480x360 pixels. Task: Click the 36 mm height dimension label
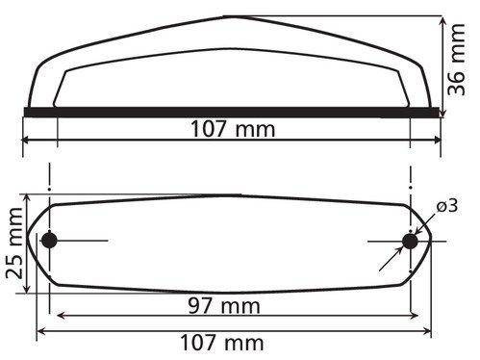[456, 60]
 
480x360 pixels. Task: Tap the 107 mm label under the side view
[233, 129]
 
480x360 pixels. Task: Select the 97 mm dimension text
[224, 306]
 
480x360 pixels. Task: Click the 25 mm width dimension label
[14, 243]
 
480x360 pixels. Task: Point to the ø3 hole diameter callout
[447, 206]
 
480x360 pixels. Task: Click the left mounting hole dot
[49, 241]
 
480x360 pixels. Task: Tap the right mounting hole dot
[410, 242]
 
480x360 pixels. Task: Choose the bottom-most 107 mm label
[222, 343]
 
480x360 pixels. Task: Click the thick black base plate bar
[232, 113]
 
